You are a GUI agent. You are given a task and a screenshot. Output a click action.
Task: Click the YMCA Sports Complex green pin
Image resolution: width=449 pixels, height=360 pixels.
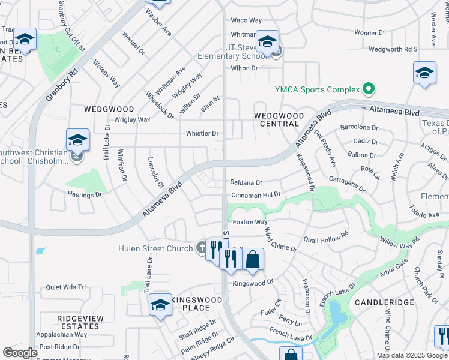(369, 90)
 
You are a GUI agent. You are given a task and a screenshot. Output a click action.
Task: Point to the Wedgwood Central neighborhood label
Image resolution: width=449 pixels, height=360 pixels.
(276, 119)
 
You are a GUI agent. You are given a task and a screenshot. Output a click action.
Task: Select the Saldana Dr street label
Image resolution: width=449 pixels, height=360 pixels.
(247, 182)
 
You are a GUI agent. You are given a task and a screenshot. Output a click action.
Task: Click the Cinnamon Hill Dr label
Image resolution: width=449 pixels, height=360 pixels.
(256, 196)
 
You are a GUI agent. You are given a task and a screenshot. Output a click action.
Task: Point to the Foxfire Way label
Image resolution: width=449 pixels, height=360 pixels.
(250, 222)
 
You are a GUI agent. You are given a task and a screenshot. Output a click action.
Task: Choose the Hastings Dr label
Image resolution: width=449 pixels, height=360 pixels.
(85, 195)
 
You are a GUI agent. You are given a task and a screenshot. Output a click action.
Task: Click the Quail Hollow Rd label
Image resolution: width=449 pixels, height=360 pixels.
(327, 239)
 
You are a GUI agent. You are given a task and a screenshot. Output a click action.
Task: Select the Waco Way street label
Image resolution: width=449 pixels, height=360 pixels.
(246, 20)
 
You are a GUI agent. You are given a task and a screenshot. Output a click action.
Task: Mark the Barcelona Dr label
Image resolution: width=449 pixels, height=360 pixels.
(359, 128)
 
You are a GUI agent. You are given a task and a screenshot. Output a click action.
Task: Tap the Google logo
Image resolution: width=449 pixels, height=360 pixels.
(20, 353)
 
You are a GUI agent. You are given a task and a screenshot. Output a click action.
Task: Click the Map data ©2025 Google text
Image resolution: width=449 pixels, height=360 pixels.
(411, 355)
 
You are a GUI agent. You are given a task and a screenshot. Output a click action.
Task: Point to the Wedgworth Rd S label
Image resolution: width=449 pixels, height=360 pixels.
(393, 49)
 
